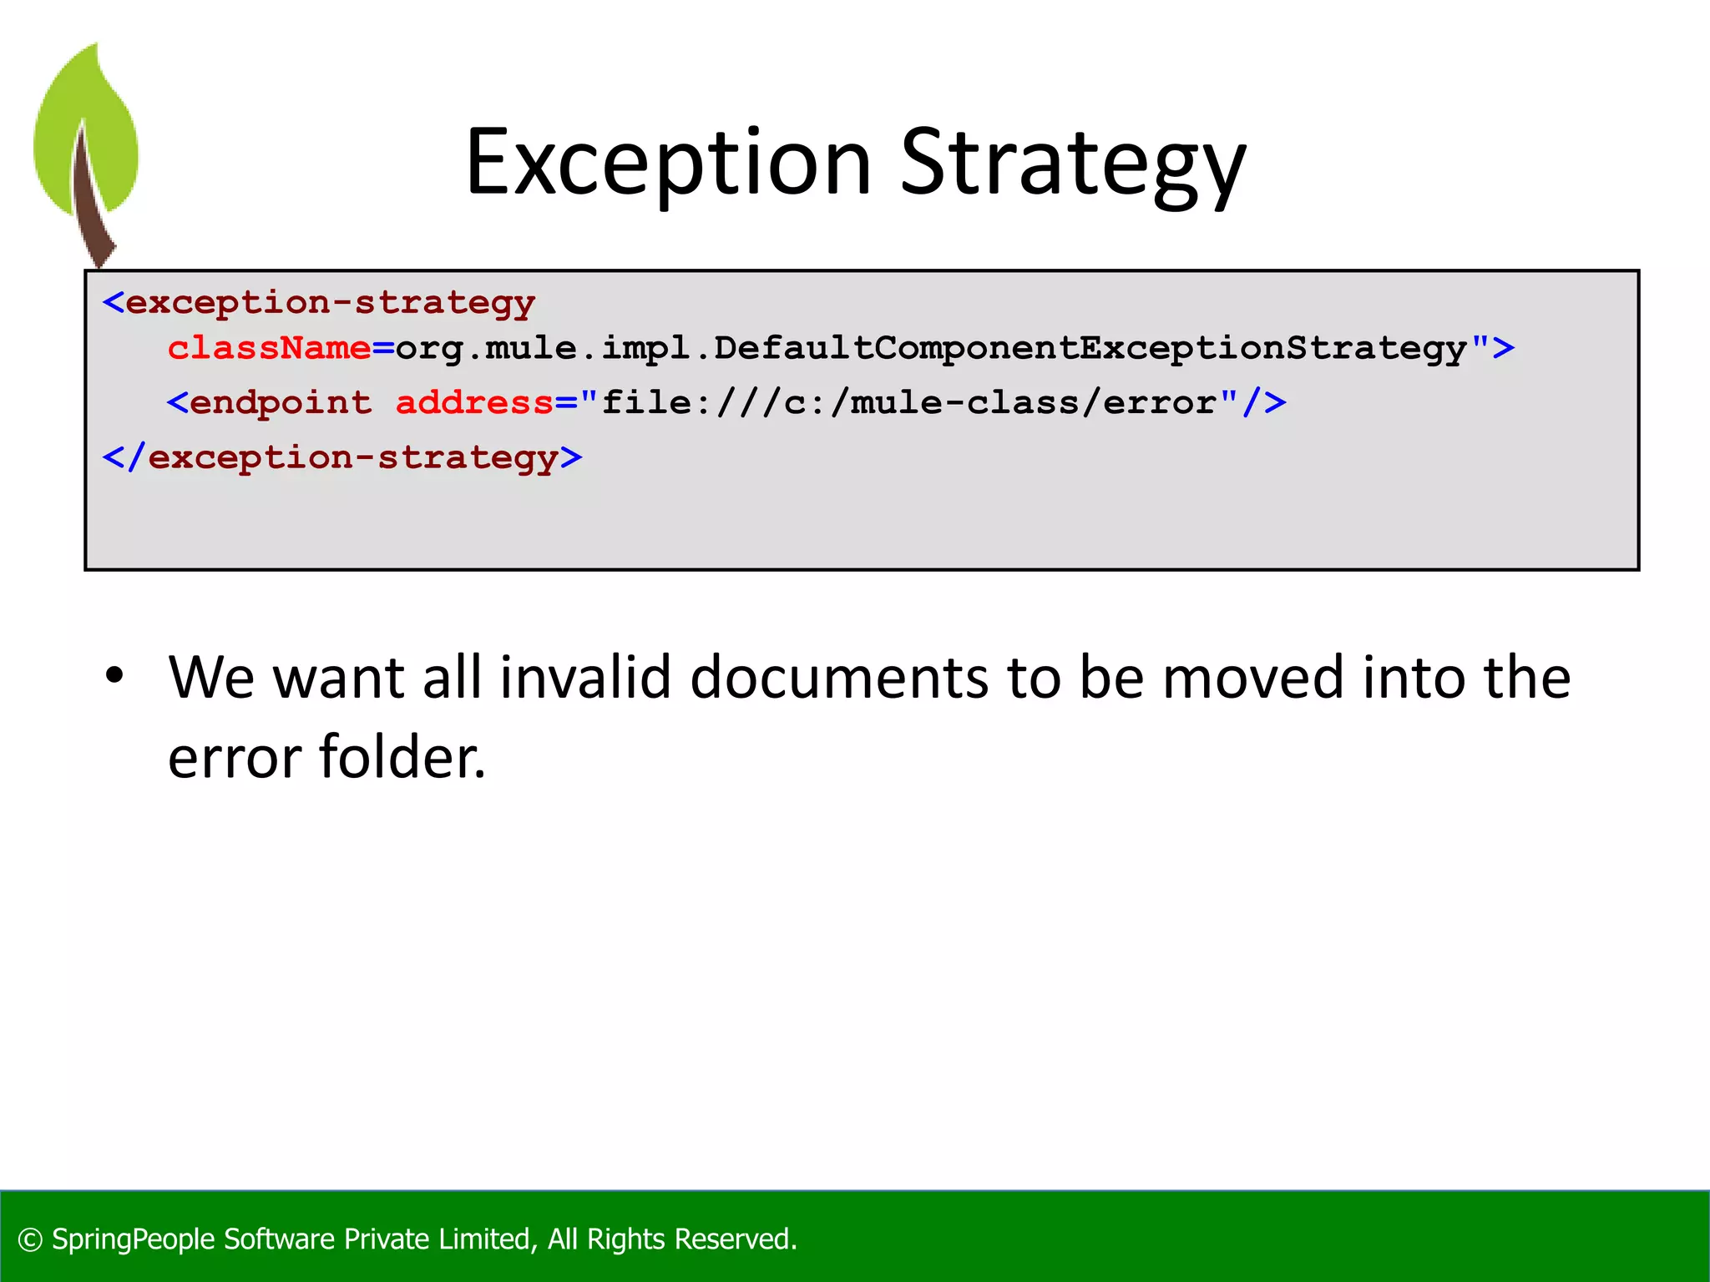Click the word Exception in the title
tap(668, 163)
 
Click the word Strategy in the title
tap(1072, 163)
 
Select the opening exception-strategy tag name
tap(330, 303)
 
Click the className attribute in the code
tap(269, 348)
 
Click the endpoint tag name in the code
tap(281, 403)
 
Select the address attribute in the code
tap(473, 403)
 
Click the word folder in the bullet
tap(401, 757)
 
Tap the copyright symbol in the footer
tap(30, 1239)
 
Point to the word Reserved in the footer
tap(735, 1239)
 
